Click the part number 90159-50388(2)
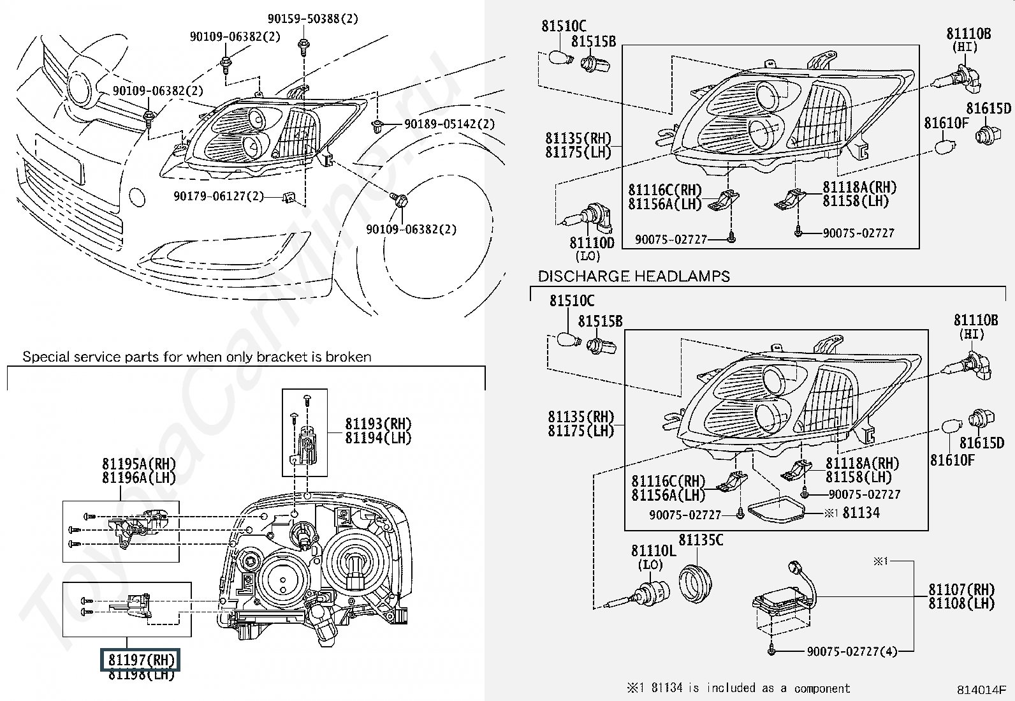point(312,18)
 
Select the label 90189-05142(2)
point(449,124)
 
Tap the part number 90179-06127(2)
point(219,196)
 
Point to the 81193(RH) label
point(378,424)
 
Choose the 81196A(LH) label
point(139,478)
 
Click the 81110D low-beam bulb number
point(592,242)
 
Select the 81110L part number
point(654,551)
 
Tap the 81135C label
point(701,540)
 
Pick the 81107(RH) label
point(961,589)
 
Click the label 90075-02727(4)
point(852,652)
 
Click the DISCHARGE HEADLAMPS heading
point(634,276)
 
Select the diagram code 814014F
point(981,690)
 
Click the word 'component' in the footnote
point(822,688)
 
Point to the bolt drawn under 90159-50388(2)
point(303,47)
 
